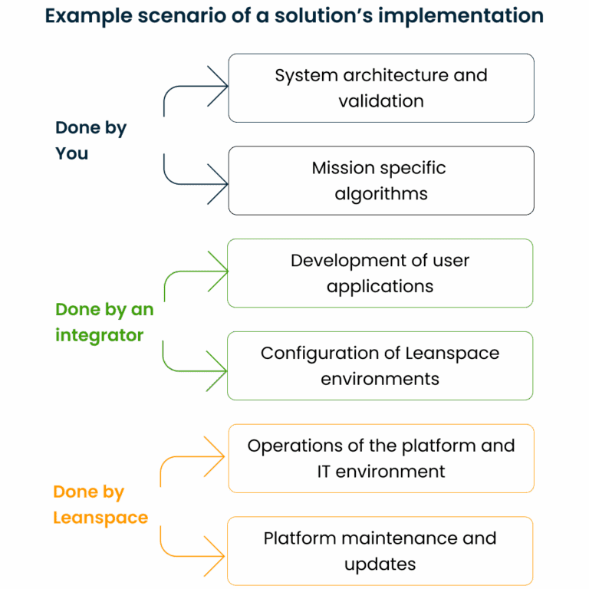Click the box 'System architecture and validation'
pos(381,87)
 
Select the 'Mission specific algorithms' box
pos(381,180)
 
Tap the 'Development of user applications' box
pos(380,273)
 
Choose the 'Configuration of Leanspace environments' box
pos(380,366)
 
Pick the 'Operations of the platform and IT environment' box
pos(381,458)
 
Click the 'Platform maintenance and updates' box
pos(380,551)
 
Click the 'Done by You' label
pos(90,140)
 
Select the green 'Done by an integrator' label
pos(104,322)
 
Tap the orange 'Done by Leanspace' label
pos(100,505)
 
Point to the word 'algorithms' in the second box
pos(380,193)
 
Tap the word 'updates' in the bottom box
pos(380,564)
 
